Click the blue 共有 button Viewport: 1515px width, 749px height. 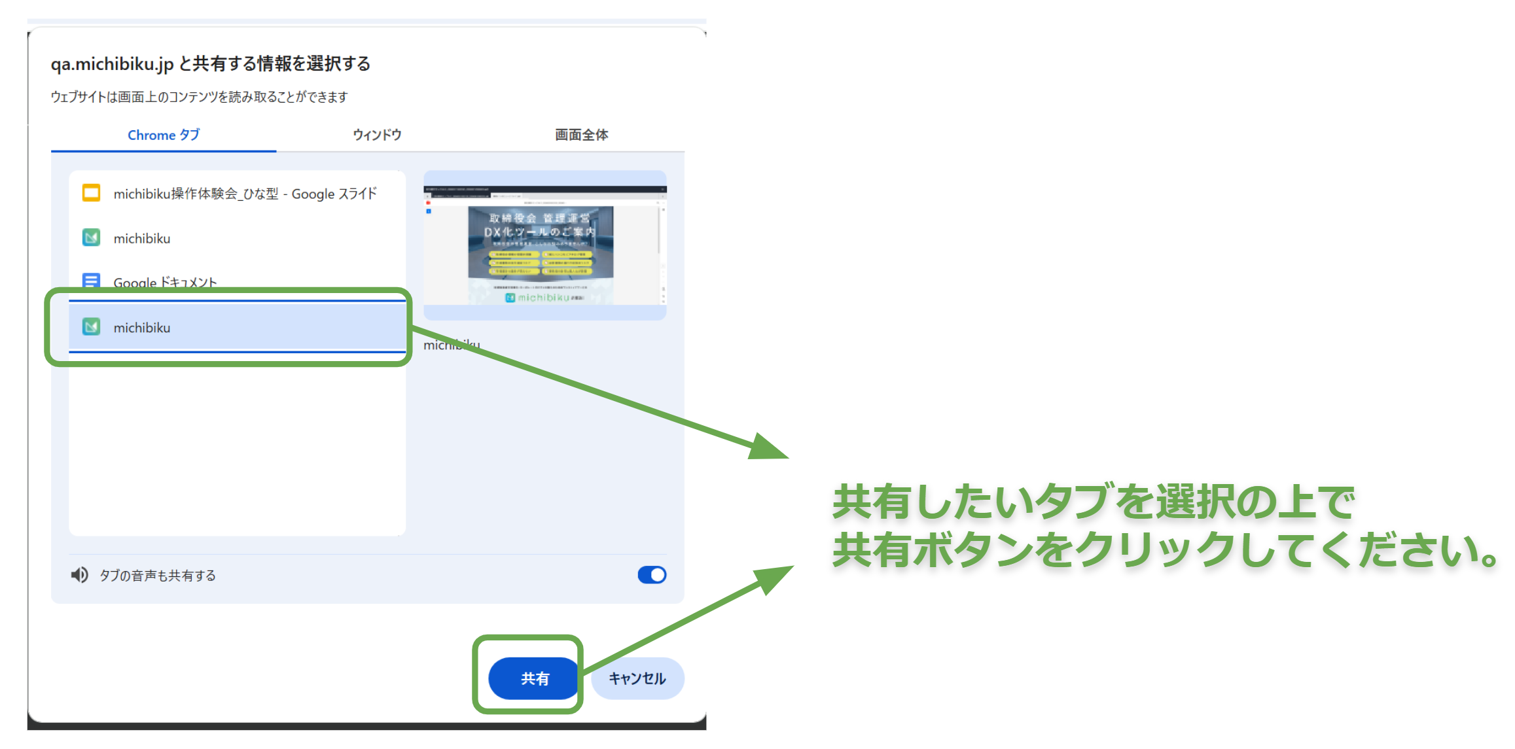coord(533,678)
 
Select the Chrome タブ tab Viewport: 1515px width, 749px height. coord(164,135)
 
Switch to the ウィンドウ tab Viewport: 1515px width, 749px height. coord(377,135)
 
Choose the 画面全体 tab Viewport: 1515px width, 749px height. coord(581,135)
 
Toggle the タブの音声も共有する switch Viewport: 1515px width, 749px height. coord(652,575)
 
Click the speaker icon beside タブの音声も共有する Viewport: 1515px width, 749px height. coord(79,575)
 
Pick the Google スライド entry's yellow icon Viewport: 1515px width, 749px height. coord(91,193)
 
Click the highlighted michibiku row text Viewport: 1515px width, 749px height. coord(142,328)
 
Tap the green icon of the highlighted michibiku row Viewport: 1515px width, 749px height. coord(91,326)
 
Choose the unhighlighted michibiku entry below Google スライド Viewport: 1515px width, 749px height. coord(142,239)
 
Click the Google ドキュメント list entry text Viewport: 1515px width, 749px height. coord(165,283)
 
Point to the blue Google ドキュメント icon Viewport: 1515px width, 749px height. coord(91,280)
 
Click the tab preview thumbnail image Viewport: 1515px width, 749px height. coord(544,245)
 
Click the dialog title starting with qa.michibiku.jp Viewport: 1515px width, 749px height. coord(210,63)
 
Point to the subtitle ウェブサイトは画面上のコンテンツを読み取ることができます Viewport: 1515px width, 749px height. coord(199,97)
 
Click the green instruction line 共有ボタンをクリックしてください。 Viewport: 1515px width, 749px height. coord(1165,550)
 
